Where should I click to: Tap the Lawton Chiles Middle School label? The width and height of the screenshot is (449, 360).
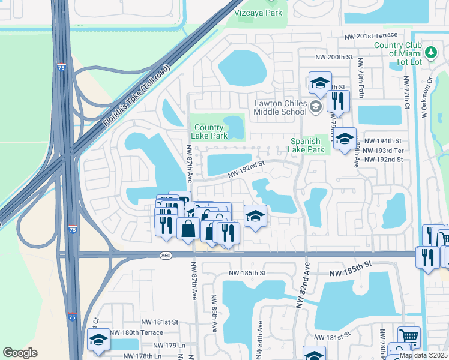click(280, 107)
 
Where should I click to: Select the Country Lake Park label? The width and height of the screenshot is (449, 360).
click(209, 131)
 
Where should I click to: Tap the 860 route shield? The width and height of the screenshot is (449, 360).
click(166, 256)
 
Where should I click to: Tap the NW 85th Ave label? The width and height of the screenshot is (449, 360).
click(214, 313)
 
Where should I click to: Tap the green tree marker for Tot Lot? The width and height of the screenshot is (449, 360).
click(431, 50)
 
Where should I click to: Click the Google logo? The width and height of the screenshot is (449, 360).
click(20, 353)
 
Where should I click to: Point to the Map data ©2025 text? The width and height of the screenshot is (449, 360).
click(423, 355)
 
